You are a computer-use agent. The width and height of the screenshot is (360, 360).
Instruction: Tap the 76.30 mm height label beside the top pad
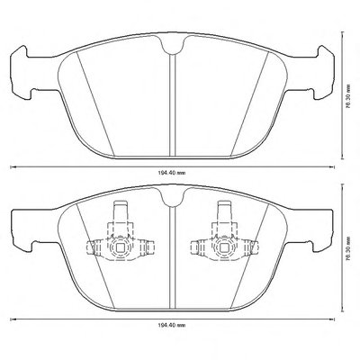click(348, 96)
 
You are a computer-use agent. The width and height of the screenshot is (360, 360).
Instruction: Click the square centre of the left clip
click(120, 247)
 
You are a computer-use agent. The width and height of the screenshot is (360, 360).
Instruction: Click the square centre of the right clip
click(224, 247)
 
